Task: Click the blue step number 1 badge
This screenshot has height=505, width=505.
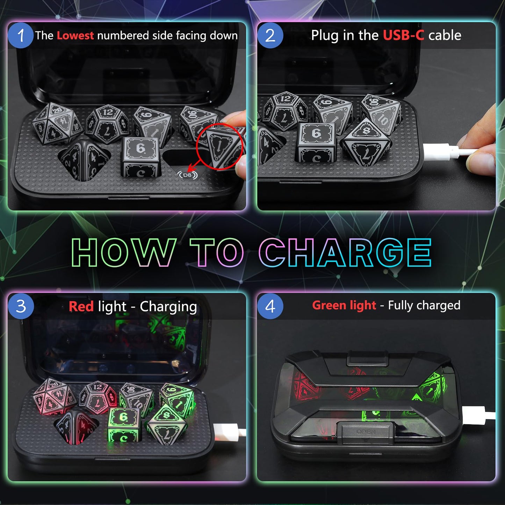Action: coord(20,35)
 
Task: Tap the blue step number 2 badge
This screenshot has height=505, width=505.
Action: coord(270,35)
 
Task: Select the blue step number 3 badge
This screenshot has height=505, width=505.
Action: coord(21,306)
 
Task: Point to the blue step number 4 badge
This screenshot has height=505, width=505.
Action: coord(270,306)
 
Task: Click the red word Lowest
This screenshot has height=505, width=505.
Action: coord(75,35)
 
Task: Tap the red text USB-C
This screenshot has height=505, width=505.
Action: coord(404,35)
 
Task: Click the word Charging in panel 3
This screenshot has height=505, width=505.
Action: coord(168,307)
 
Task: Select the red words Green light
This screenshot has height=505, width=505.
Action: coord(344,306)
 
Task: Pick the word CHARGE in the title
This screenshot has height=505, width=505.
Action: coord(345,253)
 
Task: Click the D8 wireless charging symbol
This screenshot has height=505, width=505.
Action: coord(187,175)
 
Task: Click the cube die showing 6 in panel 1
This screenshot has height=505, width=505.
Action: coord(140,157)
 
